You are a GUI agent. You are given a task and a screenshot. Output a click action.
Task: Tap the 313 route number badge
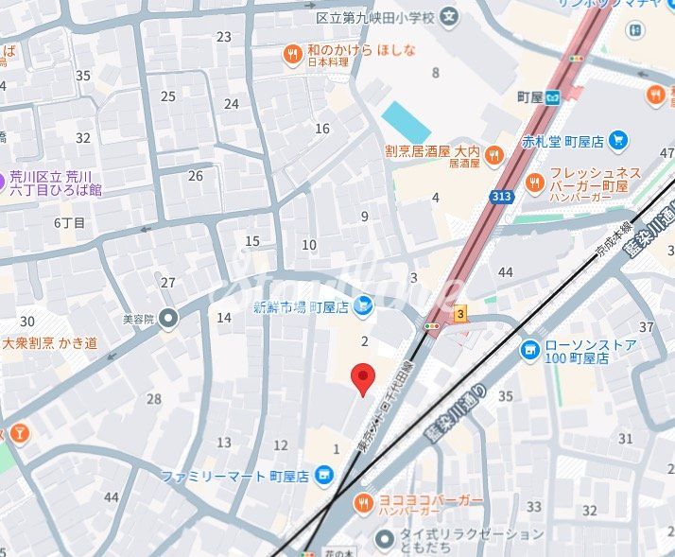coord(502,197)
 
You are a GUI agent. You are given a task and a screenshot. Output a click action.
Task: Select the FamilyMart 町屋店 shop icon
coord(325,474)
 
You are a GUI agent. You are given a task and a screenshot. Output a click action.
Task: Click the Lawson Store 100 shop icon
coord(530,351)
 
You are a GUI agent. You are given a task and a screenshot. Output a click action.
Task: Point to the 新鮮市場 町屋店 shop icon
coord(365,305)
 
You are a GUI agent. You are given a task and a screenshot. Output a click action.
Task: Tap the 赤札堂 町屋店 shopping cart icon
coord(618,141)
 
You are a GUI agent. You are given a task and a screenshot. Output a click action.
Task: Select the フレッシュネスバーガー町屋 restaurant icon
coord(534,181)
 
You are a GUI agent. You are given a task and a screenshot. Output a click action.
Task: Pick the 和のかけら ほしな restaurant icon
coord(293,55)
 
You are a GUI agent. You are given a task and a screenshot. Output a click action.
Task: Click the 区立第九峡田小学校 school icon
coord(449,16)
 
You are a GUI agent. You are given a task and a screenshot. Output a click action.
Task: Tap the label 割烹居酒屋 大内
coord(432,150)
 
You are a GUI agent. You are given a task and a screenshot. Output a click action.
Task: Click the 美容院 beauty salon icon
coord(168,318)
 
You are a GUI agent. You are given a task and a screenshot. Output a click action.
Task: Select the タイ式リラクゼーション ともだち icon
coord(384,539)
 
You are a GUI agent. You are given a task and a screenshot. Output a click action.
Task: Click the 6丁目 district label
coord(69,223)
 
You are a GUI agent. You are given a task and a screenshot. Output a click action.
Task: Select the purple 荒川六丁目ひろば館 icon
coord(3,177)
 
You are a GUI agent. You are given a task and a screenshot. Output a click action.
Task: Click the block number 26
coord(196,175)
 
